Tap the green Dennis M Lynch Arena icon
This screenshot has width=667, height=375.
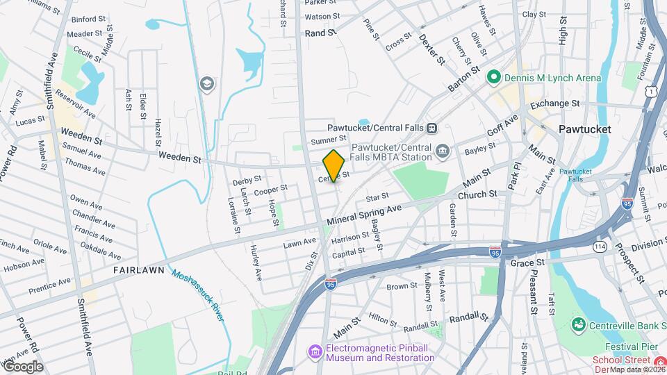coord(494,78)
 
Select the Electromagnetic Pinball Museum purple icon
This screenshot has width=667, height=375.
coord(315,352)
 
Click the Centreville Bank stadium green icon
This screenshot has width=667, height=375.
coord(577,324)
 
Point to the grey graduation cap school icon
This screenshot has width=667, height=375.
coord(206,84)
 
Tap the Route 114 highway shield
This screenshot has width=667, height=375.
coord(600,247)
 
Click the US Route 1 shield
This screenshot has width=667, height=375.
coord(651,91)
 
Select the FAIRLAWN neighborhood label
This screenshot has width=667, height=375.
coord(139,269)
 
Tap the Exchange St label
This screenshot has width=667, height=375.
coord(554,103)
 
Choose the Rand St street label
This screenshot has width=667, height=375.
coord(320,33)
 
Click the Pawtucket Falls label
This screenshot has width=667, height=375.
coord(575,174)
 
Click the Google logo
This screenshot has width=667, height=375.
coord(22,366)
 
